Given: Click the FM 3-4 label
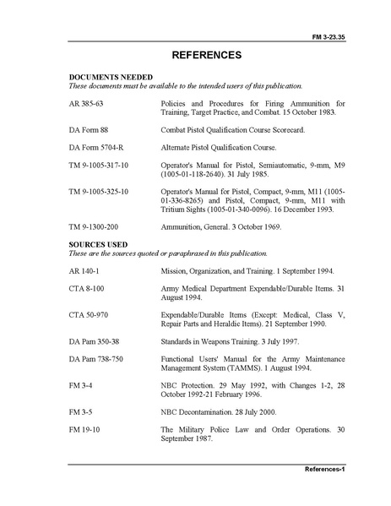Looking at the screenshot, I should tap(81, 385).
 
